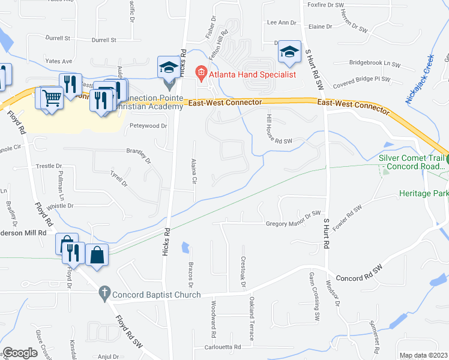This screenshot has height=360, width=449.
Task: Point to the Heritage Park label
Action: (x=424, y=194)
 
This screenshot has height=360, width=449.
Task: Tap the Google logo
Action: (x=20, y=353)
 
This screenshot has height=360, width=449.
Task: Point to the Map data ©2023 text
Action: (x=424, y=355)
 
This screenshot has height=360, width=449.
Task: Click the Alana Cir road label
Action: (x=194, y=172)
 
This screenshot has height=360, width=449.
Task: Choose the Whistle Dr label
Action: (x=60, y=206)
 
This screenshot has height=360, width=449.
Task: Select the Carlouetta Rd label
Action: (x=222, y=347)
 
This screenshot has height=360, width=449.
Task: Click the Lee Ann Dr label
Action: (x=282, y=23)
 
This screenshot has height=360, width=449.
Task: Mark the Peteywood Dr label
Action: (x=148, y=126)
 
